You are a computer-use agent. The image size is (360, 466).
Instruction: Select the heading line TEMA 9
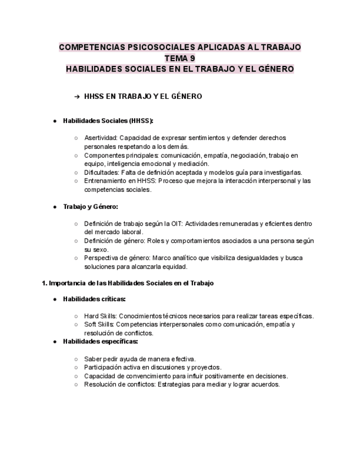180,58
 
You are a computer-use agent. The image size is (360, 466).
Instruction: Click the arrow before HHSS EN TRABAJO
77,97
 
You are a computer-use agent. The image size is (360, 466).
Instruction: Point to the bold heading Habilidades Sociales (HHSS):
108,121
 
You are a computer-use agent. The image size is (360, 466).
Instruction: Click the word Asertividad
100,138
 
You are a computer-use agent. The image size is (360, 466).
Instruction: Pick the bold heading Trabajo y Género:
91,207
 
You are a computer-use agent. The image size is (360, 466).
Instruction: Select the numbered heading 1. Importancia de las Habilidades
128,284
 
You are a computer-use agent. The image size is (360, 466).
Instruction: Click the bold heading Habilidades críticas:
94,299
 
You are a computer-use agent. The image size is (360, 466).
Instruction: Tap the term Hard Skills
99,316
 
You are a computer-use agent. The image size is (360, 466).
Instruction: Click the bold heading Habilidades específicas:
100,341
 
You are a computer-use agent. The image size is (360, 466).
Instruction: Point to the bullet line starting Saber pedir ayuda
140,359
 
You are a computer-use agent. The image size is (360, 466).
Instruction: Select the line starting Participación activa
152,367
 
